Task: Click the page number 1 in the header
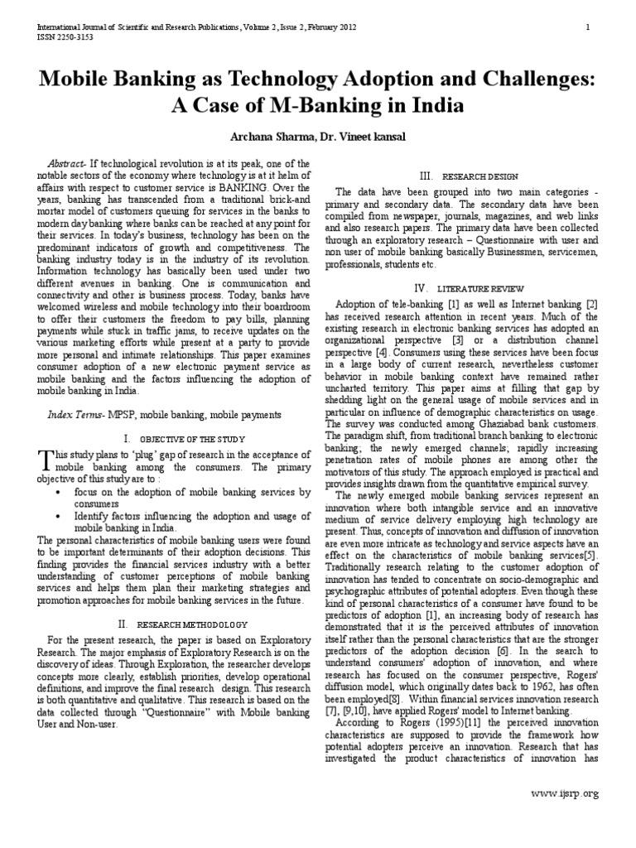click(x=587, y=26)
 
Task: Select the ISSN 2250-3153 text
click(x=65, y=37)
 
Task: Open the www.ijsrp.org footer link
click(x=565, y=793)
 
